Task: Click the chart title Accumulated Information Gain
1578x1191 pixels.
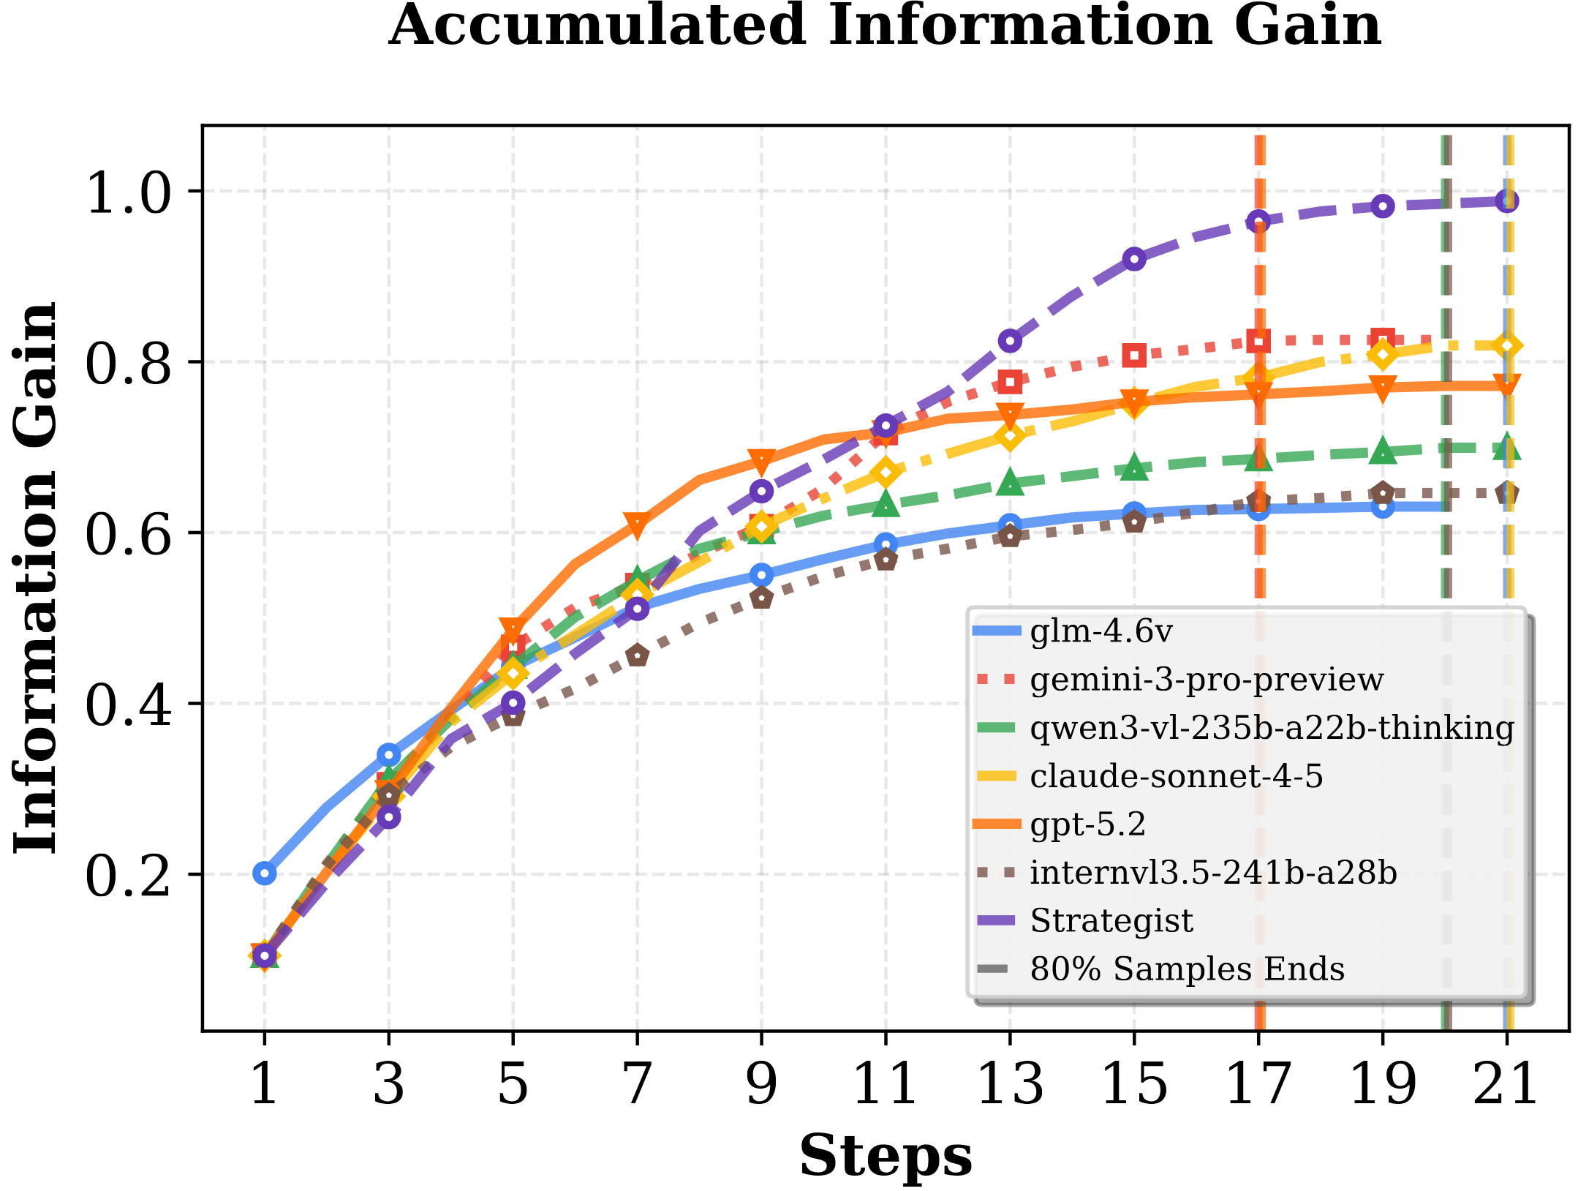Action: (885, 26)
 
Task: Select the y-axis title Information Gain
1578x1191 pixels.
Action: (35, 578)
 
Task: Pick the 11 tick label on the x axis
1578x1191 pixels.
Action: (886, 1084)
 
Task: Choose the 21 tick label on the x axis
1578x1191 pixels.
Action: (1506, 1084)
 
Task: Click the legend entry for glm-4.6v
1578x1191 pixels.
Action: (1101, 631)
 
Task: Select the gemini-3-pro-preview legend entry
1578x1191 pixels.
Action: (1207, 679)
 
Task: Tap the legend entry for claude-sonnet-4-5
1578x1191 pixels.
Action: (1176, 775)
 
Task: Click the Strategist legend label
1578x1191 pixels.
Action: (1111, 920)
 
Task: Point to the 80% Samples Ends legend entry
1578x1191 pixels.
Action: (1187, 969)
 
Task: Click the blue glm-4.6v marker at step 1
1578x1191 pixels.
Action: (265, 873)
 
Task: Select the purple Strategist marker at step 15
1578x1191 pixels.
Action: (1134, 259)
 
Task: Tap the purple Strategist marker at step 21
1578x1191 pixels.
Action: (1506, 200)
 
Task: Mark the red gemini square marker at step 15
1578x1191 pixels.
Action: (1134, 356)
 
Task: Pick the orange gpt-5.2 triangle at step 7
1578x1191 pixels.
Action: (637, 525)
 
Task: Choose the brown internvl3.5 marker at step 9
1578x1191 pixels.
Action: (762, 598)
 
